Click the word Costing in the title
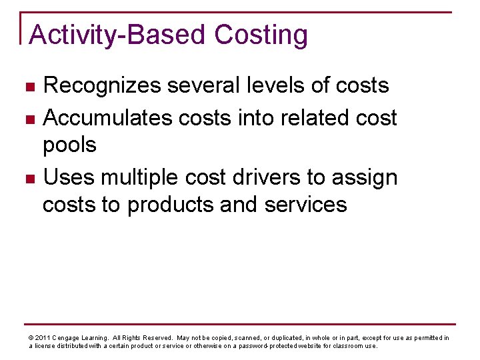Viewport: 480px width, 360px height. pyautogui.click(x=261, y=35)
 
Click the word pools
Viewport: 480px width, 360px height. pyautogui.click(x=69, y=145)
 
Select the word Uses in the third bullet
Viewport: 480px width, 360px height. pyautogui.click(x=70, y=177)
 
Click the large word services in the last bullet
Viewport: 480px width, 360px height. pyautogui.click(x=306, y=204)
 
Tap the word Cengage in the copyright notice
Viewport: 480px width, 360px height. pyautogui.click(x=67, y=338)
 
